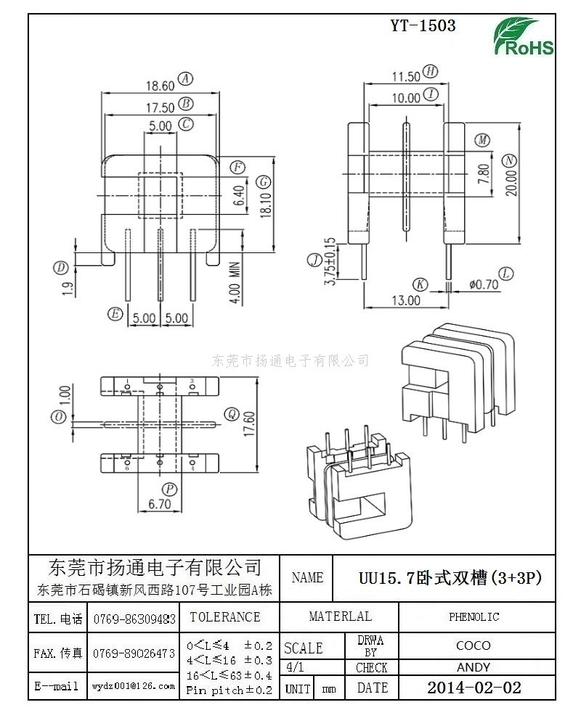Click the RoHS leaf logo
[x=523, y=36]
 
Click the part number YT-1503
[x=423, y=25]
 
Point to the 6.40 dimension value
[x=237, y=194]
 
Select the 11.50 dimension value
[x=406, y=76]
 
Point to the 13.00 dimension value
[x=406, y=300]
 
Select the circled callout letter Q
[x=232, y=414]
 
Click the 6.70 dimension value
[x=159, y=503]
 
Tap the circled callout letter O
[x=59, y=417]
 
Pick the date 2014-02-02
[x=474, y=688]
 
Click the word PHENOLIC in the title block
[x=474, y=617]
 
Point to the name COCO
[x=474, y=645]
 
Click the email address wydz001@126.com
[x=134, y=685]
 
